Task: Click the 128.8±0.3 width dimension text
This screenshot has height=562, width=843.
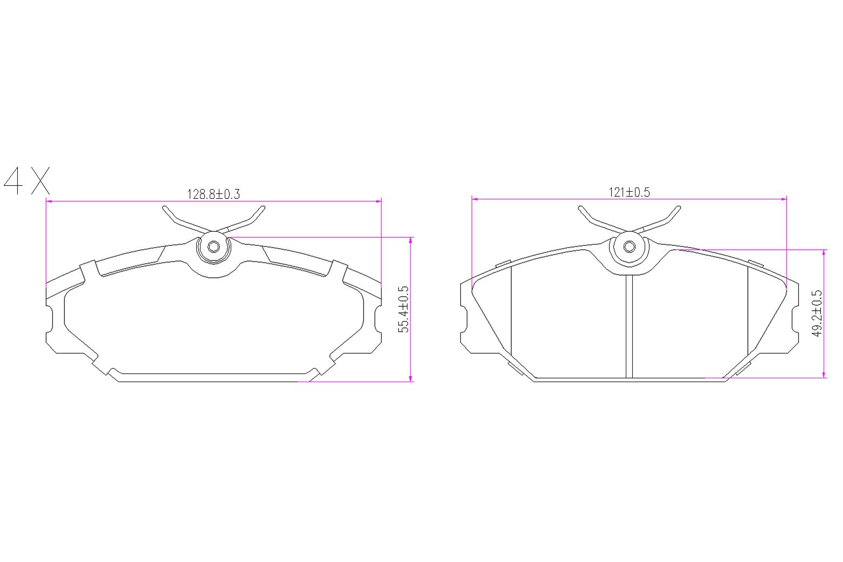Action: (213, 194)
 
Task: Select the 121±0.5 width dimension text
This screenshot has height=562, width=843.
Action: (629, 192)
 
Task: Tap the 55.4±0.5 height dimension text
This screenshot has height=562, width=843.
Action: (404, 309)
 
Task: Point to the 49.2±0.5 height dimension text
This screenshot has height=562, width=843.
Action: (817, 313)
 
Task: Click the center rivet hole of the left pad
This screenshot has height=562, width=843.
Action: (213, 247)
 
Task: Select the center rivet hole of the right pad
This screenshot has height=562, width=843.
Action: (629, 247)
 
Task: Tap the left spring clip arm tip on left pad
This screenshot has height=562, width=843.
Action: (165, 208)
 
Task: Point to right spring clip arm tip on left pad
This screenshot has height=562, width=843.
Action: (263, 208)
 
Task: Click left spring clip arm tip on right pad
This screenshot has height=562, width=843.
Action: (580, 208)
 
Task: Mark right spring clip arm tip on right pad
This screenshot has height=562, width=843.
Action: (678, 208)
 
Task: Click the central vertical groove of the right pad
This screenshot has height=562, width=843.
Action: (629, 327)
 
